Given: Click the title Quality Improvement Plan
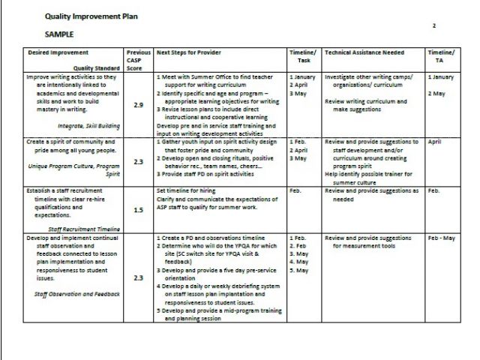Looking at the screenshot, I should tap(85, 16).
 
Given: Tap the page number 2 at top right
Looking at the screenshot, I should tap(433, 25).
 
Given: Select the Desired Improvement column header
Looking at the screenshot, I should tap(58, 52).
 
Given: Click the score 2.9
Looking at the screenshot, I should tap(138, 105).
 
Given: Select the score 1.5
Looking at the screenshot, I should tap(138, 210).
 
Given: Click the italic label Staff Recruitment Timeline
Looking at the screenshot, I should tap(84, 227).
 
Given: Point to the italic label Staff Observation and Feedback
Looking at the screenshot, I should tap(77, 294).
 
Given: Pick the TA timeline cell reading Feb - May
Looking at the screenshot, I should tap(442, 238).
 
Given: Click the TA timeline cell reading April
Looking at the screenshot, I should tap(434, 141).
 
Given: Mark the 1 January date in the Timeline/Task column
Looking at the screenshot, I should tap(303, 76).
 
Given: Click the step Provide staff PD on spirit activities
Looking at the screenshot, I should tap(207, 174).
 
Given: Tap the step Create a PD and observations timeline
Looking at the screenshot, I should tap(210, 238).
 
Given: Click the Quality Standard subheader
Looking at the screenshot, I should tap(97, 67).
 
